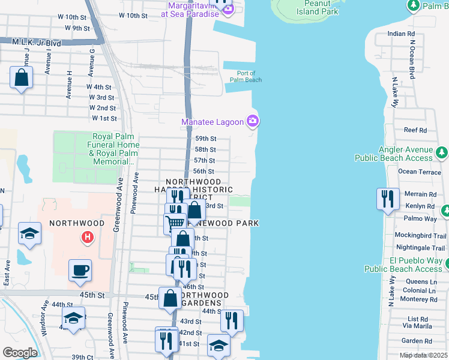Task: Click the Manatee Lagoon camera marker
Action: coord(253,122)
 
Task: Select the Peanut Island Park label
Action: coord(318,8)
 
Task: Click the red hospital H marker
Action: coord(88,238)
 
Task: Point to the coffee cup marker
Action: coord(80,270)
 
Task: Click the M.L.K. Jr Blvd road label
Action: coord(37,43)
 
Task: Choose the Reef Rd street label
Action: coord(415,130)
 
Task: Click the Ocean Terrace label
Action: coord(420,172)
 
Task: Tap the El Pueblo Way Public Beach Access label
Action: coord(415,265)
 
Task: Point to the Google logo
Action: coord(20,352)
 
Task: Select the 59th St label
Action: coord(205,139)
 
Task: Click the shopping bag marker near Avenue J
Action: coord(21,78)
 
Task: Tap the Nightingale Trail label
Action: coord(420,248)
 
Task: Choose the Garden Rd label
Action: coord(413,340)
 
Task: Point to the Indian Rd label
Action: coord(402,34)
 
